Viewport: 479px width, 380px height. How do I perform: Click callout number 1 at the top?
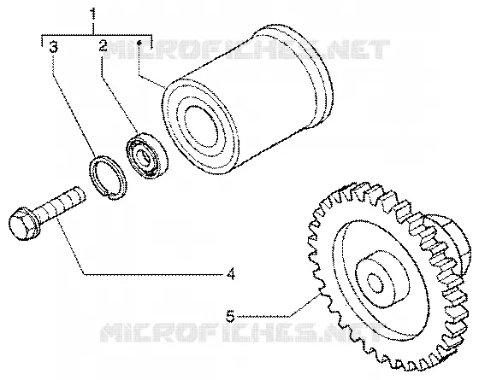point(93,14)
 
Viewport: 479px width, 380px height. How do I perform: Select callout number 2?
point(103,46)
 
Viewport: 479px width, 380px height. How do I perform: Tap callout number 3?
point(53,48)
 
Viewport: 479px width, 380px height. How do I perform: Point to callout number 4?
point(231,273)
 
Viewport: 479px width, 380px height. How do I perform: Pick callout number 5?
point(230,316)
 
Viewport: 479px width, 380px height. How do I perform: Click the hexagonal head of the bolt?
point(23,224)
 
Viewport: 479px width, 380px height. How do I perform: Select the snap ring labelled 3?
point(108,178)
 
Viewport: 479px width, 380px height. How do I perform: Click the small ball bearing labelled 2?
point(147,155)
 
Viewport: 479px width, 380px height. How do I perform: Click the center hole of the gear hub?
point(376,283)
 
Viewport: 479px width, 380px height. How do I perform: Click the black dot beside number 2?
point(139,43)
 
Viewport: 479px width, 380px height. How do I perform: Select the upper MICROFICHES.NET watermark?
point(246,50)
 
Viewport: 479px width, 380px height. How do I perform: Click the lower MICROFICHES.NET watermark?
point(241,332)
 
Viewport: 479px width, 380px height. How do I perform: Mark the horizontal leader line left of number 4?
point(154,275)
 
